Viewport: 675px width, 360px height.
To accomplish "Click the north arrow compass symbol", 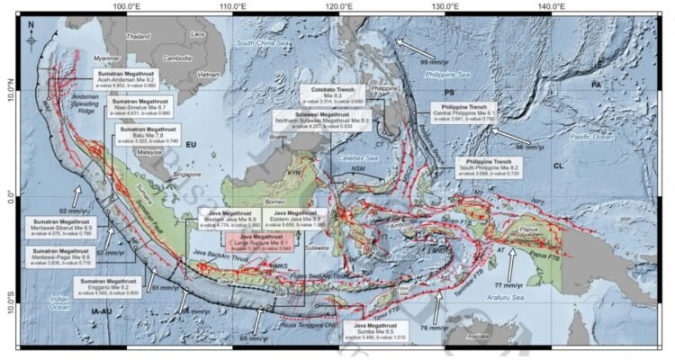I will click(32, 36).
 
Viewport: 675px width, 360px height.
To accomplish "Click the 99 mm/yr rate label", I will click(437, 60).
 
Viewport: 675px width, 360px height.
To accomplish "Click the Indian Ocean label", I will click(59, 302).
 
